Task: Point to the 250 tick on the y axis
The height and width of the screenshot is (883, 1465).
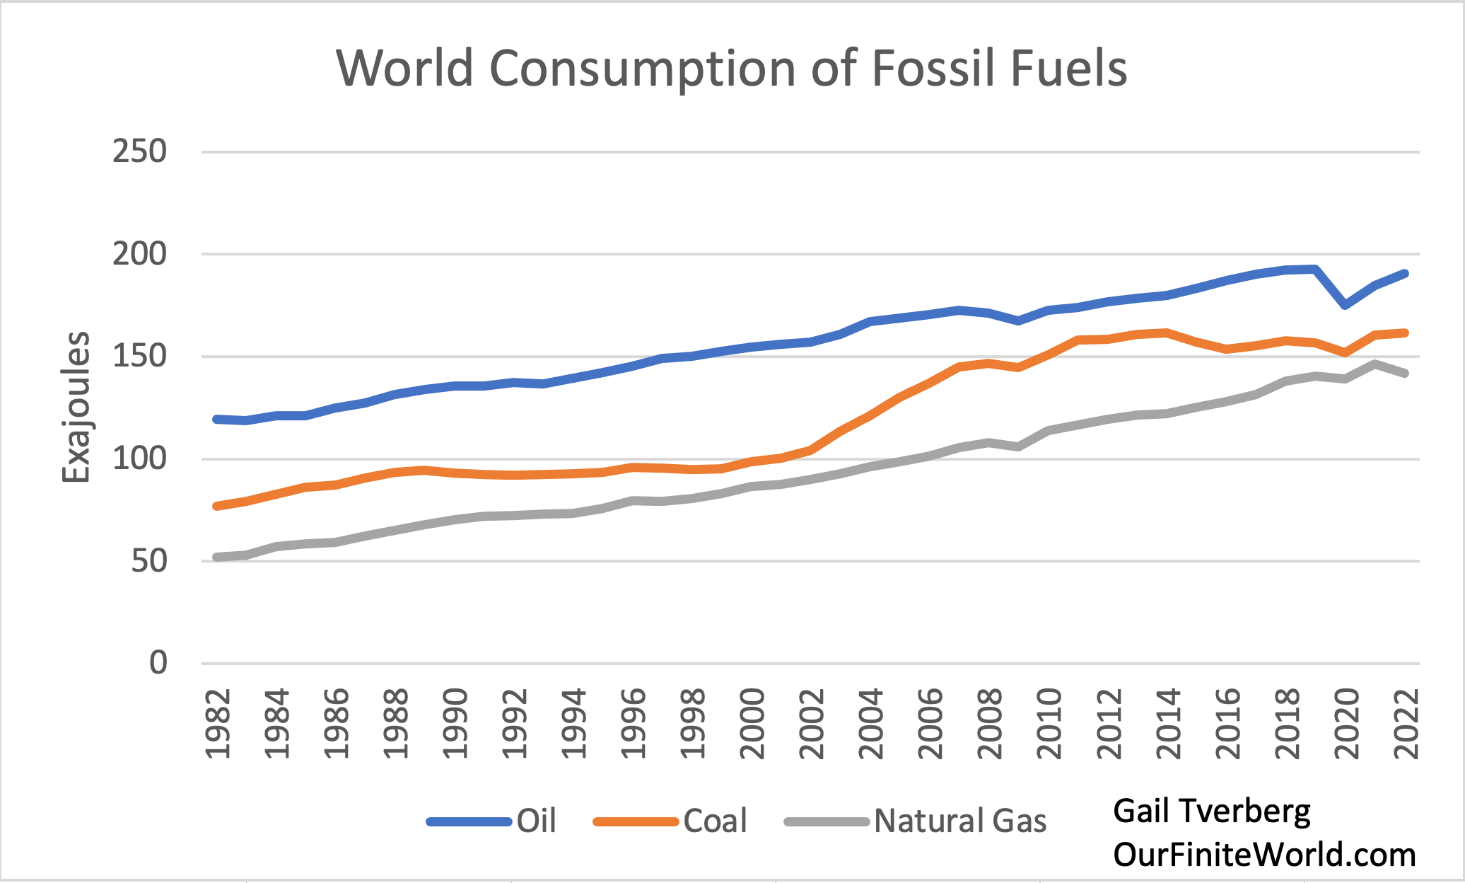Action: tap(139, 151)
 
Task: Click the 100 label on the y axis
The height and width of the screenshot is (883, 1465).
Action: tap(139, 459)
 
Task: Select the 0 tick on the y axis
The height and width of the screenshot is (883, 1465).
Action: tap(158, 663)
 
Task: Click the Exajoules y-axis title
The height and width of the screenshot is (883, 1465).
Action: tap(76, 408)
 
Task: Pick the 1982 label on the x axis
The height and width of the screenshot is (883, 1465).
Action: tap(218, 723)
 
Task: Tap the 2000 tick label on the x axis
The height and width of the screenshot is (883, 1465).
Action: tap(752, 723)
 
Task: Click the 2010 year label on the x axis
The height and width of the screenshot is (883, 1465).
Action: tap(1049, 723)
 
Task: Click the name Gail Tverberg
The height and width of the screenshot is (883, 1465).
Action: tap(1211, 811)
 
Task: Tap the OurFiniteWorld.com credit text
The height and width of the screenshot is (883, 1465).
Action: tap(1264, 855)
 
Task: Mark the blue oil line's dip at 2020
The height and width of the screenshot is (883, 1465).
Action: tap(1346, 305)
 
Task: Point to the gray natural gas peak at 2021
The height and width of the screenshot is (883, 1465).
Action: tap(1375, 364)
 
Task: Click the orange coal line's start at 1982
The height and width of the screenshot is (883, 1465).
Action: tap(217, 506)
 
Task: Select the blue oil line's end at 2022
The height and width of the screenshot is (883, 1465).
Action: tap(1405, 274)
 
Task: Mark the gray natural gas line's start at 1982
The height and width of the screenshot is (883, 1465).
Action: tap(217, 558)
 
